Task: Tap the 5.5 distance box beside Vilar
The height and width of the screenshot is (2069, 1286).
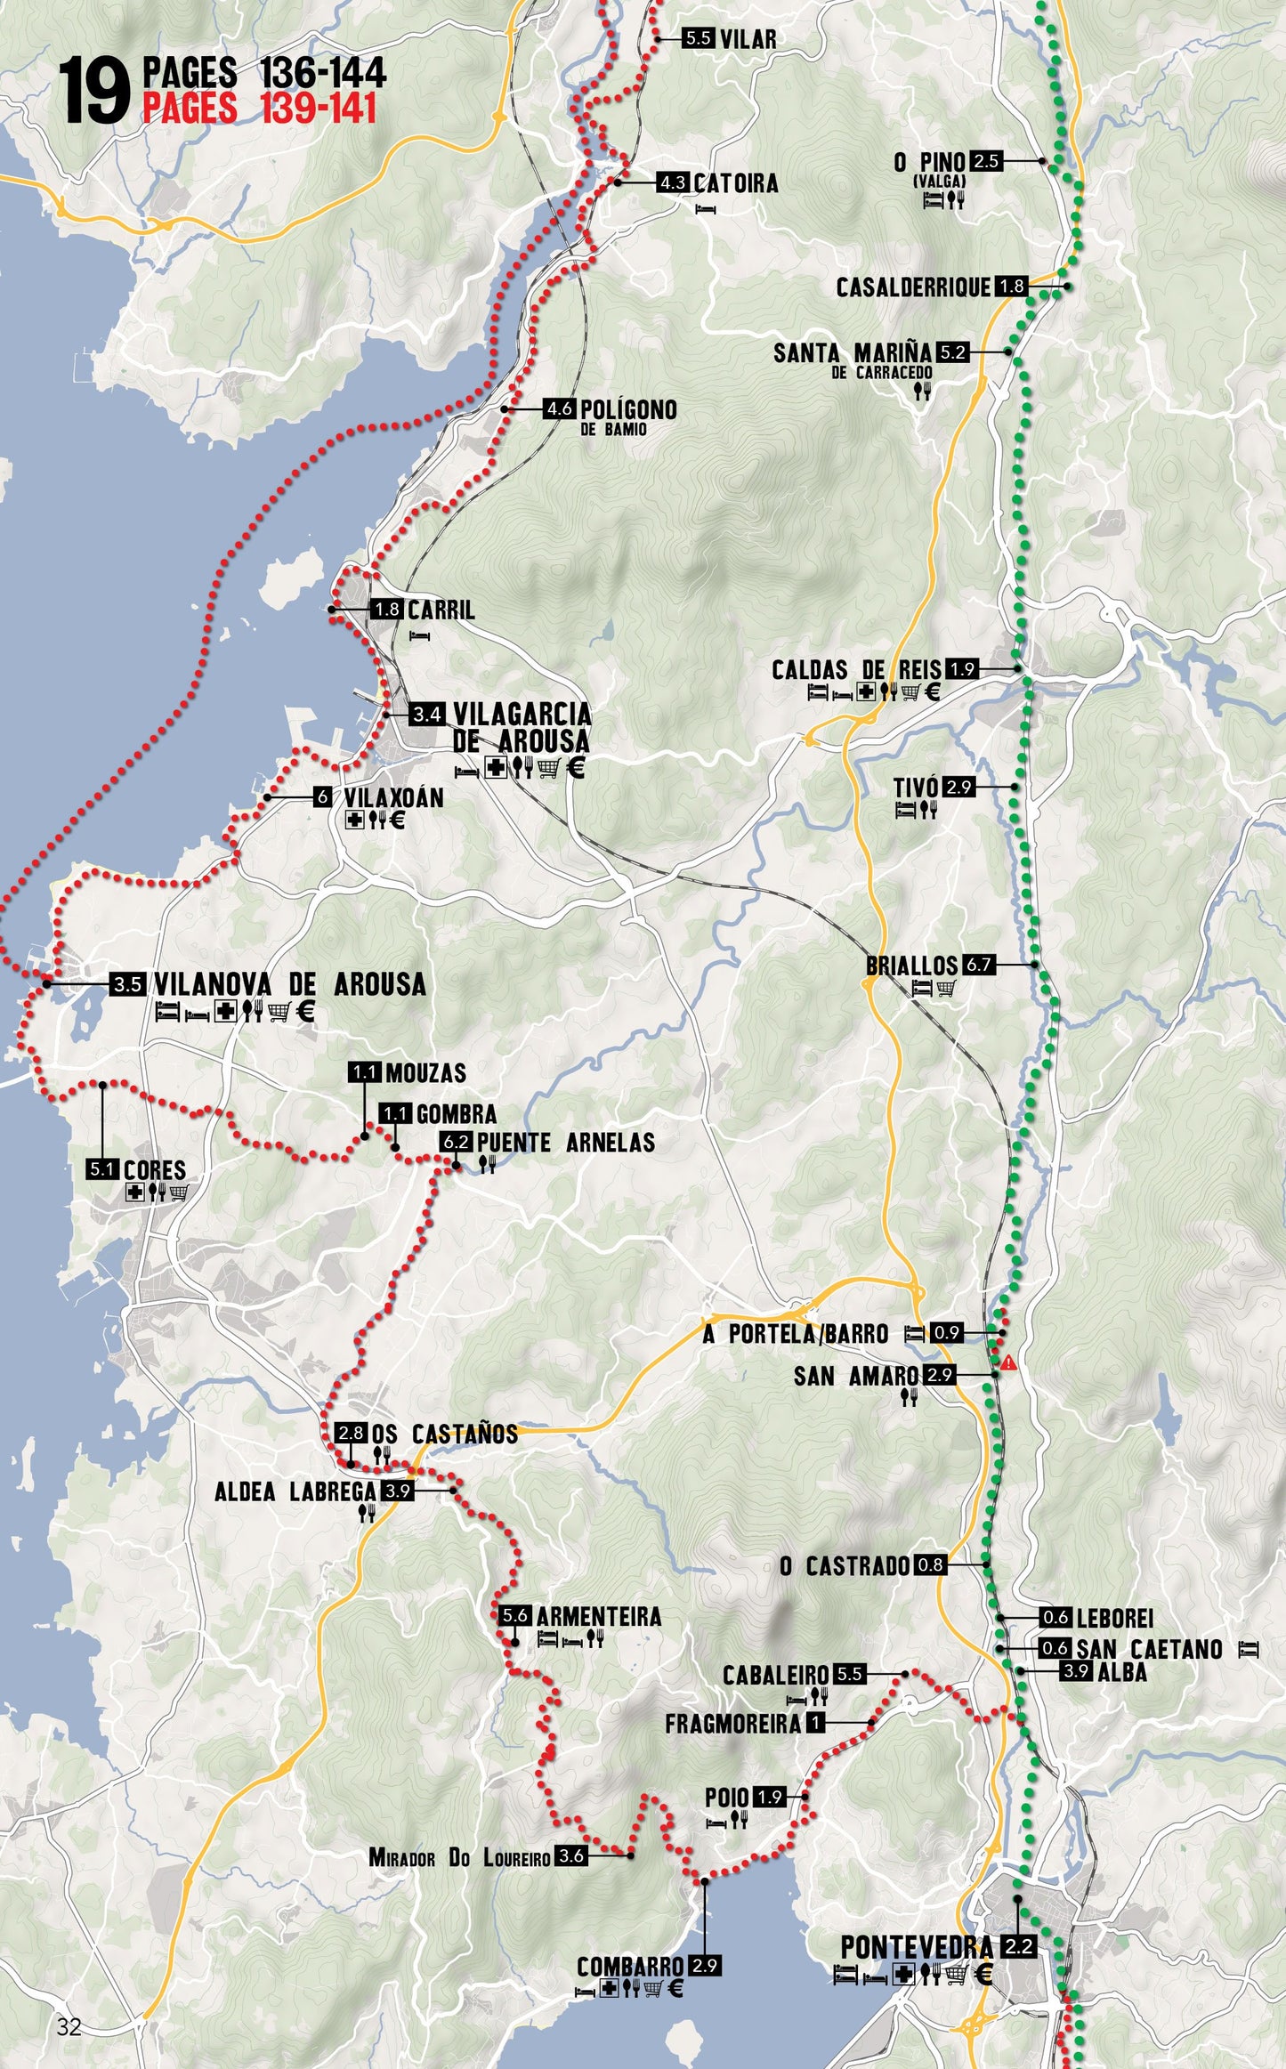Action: [699, 38]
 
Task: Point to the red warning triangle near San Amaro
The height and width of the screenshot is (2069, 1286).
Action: [1008, 1362]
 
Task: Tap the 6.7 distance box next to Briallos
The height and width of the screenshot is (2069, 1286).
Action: [977, 965]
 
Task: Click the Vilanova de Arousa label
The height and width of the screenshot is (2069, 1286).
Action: [289, 984]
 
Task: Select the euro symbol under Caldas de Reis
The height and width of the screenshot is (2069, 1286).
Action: [932, 691]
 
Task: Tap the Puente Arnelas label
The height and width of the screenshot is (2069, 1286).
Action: [565, 1143]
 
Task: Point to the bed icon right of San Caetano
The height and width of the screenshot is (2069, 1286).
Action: [1249, 1649]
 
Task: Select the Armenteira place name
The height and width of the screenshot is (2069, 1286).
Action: [598, 1616]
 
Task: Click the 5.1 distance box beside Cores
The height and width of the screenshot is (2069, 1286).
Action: [102, 1169]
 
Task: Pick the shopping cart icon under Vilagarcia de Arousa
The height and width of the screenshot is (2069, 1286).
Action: [550, 767]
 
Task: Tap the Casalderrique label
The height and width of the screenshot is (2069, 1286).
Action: [913, 287]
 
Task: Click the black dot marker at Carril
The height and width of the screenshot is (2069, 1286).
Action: [331, 610]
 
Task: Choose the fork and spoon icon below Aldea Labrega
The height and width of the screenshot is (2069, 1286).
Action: [366, 1513]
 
